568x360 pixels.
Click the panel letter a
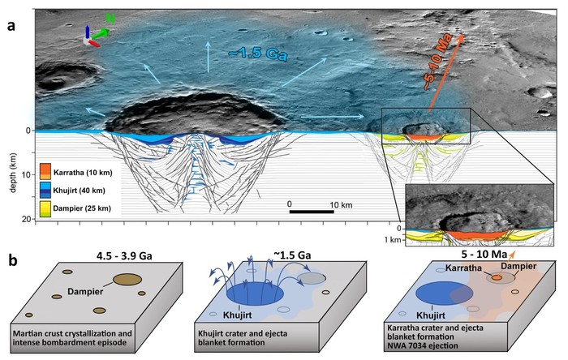(x=12, y=26)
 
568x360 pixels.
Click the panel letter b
(x=13, y=260)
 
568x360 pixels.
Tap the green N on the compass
(x=110, y=19)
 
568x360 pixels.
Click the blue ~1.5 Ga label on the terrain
(x=258, y=54)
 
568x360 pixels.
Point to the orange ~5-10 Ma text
(x=437, y=61)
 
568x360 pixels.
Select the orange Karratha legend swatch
(x=45, y=171)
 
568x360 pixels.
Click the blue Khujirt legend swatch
(x=45, y=190)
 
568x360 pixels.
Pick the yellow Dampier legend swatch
(x=45, y=208)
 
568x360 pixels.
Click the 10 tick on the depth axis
(x=29, y=175)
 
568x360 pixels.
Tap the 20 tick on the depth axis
(x=29, y=219)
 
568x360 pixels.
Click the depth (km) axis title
(x=14, y=174)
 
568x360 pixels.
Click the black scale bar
(x=312, y=212)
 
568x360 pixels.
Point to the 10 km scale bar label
(x=341, y=205)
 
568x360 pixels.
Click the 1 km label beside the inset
(x=393, y=239)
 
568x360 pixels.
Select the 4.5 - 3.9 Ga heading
(x=124, y=256)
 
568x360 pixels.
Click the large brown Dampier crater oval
(x=127, y=280)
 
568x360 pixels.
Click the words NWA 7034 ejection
(x=423, y=345)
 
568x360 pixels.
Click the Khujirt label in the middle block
(x=238, y=315)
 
